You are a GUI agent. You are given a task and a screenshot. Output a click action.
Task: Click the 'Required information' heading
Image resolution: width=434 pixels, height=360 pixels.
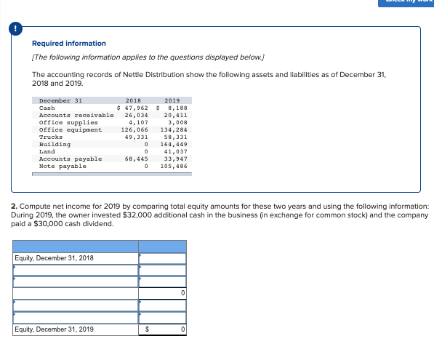pyautogui.click(x=69, y=44)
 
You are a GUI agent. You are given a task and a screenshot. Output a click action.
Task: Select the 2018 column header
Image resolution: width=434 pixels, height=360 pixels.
pyautogui.click(x=134, y=100)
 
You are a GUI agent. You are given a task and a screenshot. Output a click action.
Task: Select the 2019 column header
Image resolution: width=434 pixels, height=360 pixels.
pyautogui.click(x=172, y=100)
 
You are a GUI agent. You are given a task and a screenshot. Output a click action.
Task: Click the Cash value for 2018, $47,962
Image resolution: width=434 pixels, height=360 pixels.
pyautogui.click(x=133, y=108)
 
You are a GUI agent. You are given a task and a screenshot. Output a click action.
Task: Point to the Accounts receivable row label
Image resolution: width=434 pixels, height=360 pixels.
pyautogui.click(x=76, y=115)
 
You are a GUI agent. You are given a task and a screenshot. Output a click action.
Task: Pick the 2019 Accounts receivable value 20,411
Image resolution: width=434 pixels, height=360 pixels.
pyautogui.click(x=175, y=115)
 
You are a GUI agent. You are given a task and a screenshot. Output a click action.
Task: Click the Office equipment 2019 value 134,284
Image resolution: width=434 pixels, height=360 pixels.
pyautogui.click(x=174, y=129)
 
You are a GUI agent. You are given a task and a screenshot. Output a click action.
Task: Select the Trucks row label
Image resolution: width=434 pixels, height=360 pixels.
pyautogui.click(x=51, y=137)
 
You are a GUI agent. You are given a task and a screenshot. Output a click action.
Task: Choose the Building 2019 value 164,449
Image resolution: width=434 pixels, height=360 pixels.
pyautogui.click(x=174, y=144)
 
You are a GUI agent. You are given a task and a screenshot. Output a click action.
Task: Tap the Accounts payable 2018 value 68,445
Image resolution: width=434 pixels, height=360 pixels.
pyautogui.click(x=137, y=159)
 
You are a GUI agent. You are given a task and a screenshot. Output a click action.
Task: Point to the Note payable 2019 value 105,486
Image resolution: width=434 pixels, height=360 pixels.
pyautogui.click(x=174, y=166)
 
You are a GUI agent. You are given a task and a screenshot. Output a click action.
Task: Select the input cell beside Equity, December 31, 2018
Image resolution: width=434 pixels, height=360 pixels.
pyautogui.click(x=163, y=258)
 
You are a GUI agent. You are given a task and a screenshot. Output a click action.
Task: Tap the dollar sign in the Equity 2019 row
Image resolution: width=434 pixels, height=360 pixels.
pyautogui.click(x=148, y=329)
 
